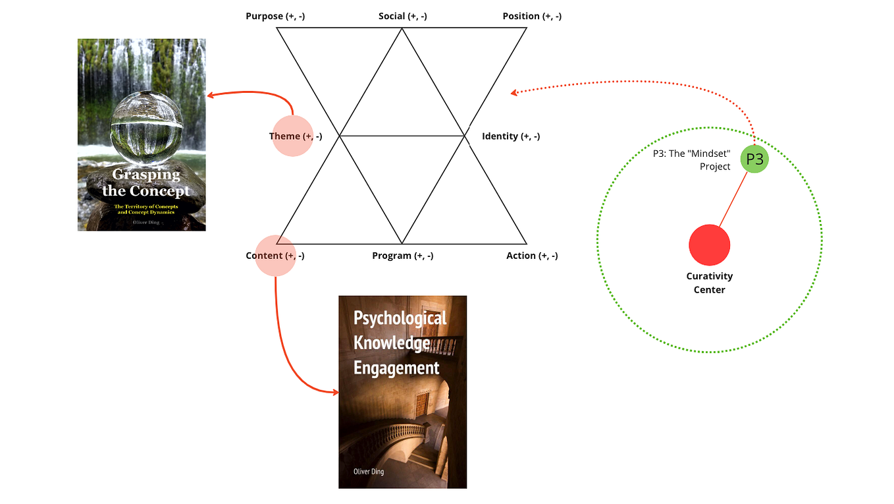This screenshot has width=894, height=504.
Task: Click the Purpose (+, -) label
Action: click(275, 16)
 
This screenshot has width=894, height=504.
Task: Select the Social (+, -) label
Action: click(402, 16)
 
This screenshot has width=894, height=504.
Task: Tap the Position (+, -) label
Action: click(532, 16)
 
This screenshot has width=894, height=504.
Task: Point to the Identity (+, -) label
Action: click(511, 136)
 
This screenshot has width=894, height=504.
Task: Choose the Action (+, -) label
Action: click(532, 256)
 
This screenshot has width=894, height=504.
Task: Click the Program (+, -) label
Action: click(402, 256)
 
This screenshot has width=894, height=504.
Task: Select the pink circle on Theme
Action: click(292, 136)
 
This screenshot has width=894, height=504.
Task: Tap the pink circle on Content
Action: click(275, 256)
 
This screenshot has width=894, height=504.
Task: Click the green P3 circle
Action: click(754, 159)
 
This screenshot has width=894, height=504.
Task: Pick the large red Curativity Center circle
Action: click(710, 244)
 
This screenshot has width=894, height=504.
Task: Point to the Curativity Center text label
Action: click(709, 283)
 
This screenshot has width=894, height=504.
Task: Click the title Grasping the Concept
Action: click(145, 183)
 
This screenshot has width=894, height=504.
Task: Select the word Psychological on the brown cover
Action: click(400, 318)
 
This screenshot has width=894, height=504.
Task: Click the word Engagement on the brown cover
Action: click(396, 368)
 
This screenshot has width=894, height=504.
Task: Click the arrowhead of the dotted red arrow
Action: click(514, 93)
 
